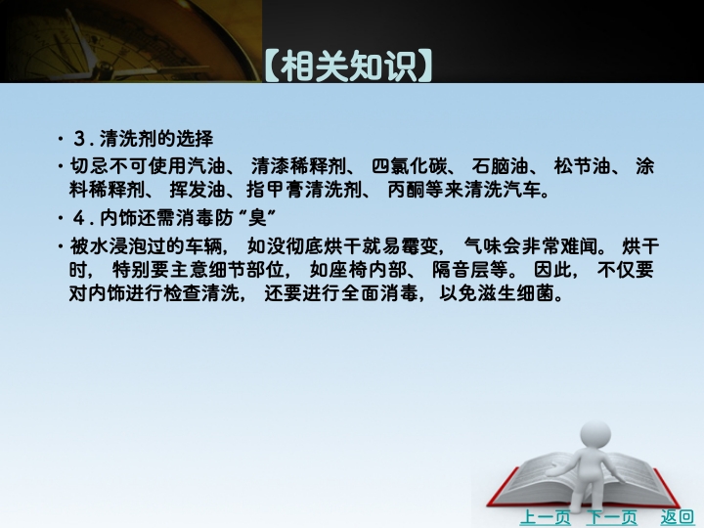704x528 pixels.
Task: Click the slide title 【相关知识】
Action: coord(348,66)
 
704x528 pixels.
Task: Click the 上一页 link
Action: coord(545,517)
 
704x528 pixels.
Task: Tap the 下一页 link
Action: coord(611,517)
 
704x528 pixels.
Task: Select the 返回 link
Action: coord(677,517)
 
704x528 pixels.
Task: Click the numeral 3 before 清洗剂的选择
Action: coord(79,139)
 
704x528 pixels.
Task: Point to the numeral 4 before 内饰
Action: coord(79,218)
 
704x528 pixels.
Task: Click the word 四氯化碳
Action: coord(410,166)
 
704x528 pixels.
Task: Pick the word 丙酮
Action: coord(407,190)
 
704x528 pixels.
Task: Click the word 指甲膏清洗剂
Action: coord(304,190)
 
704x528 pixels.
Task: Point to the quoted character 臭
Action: coord(258,218)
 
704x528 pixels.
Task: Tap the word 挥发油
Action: coord(198,190)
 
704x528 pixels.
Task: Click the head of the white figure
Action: coord(595,434)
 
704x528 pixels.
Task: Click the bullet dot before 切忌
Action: coord(61,167)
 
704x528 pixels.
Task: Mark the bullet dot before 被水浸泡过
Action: coord(61,246)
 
